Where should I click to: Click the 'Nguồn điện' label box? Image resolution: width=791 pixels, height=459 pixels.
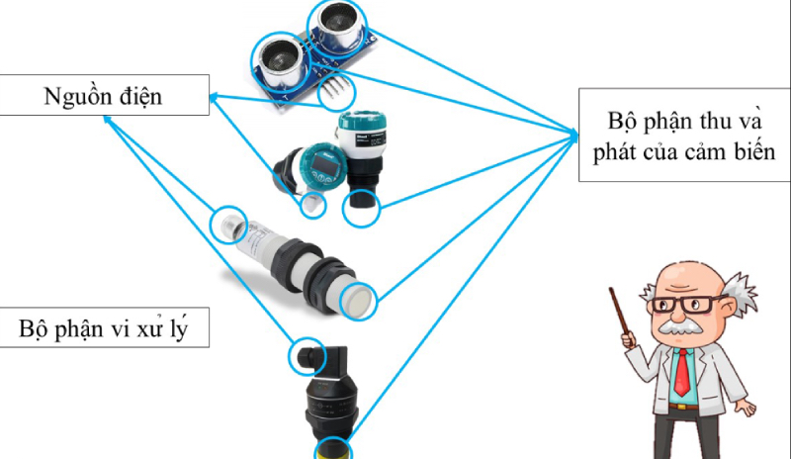click(x=104, y=95)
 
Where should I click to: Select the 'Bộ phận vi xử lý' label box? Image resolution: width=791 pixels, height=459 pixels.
click(x=104, y=327)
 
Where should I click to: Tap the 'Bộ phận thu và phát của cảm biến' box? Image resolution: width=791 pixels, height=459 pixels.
click(x=684, y=135)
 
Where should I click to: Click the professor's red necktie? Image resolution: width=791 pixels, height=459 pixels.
click(x=682, y=372)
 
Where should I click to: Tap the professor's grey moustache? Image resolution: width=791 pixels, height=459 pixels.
click(x=682, y=326)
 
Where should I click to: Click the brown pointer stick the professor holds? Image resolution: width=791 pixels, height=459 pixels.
click(x=620, y=312)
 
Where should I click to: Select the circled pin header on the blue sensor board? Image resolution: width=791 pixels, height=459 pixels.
click(x=335, y=91)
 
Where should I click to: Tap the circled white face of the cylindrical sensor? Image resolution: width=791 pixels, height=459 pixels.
click(x=359, y=301)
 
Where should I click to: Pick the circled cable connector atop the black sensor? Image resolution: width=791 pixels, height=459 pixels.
click(x=307, y=356)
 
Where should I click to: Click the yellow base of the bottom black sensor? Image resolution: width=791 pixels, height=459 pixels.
click(x=333, y=449)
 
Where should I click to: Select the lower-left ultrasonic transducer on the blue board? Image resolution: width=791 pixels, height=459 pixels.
click(x=280, y=62)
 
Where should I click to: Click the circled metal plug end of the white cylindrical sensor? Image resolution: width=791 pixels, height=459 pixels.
click(x=229, y=226)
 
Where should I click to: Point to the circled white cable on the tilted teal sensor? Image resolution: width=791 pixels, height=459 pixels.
click(x=312, y=205)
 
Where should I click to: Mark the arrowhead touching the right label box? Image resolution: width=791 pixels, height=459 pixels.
click(x=573, y=135)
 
